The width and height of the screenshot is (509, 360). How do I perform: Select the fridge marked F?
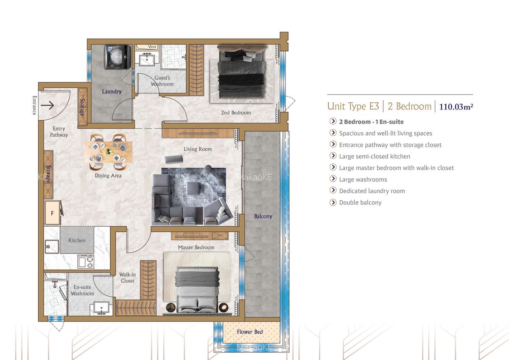pyautogui.click(x=52, y=213)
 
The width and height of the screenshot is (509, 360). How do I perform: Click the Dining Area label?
pyautogui.click(x=108, y=175)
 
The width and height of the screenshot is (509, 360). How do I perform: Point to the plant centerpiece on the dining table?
pyautogui.click(x=109, y=151)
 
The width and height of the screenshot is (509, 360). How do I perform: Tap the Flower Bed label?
pyautogui.click(x=250, y=332)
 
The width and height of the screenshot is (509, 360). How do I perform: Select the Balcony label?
pyautogui.click(x=263, y=216)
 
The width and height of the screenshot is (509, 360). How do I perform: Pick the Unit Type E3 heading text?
pyautogui.click(x=353, y=106)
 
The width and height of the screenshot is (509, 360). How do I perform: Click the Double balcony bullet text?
pyautogui.click(x=360, y=202)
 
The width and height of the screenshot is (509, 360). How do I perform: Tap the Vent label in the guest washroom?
pyautogui.click(x=152, y=47)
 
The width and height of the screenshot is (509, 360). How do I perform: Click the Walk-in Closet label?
pyautogui.click(x=127, y=278)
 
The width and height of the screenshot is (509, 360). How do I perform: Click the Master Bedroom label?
pyautogui.click(x=196, y=247)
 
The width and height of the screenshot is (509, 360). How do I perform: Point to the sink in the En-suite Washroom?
pyautogui.click(x=101, y=307)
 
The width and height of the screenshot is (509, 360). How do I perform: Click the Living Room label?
pyautogui.click(x=198, y=149)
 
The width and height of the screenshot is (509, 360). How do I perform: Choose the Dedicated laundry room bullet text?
pyautogui.click(x=372, y=191)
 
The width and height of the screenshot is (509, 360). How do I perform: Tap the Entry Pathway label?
pyautogui.click(x=59, y=132)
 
